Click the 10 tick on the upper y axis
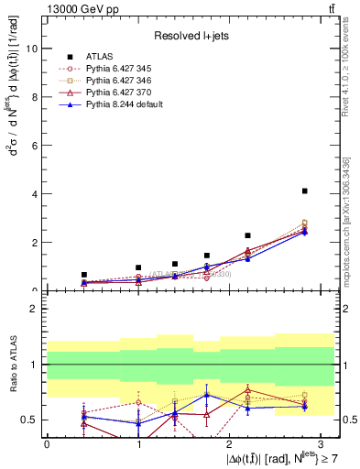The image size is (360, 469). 31,49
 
